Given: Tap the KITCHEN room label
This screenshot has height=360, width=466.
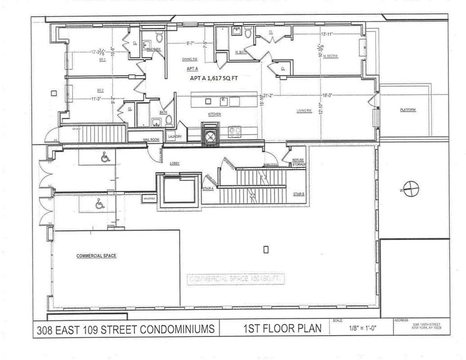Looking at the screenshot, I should [214, 114].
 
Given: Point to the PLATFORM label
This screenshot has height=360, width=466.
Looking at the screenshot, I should [408, 110].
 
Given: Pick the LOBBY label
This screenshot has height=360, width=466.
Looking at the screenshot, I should [174, 163].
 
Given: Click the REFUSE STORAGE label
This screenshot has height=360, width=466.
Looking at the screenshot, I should [299, 162].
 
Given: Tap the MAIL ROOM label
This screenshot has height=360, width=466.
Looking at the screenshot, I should [151, 140].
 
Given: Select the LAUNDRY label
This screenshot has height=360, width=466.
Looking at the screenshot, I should [175, 136].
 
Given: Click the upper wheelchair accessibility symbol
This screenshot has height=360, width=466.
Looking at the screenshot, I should [105, 157].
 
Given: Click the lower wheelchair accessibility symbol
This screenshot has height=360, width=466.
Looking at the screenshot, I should [99, 205].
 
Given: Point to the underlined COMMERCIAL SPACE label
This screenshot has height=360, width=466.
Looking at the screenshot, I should [96, 256].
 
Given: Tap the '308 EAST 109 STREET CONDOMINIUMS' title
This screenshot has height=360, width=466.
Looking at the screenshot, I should [124, 329].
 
